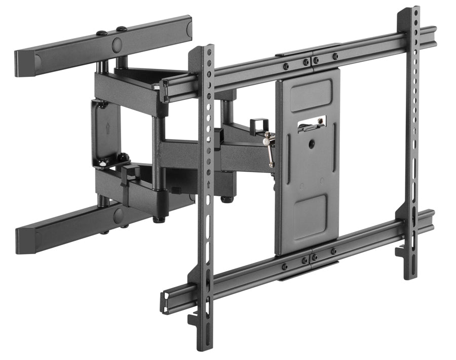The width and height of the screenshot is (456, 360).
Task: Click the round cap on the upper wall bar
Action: [117, 45]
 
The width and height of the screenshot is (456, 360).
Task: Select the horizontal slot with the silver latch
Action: [312, 124]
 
